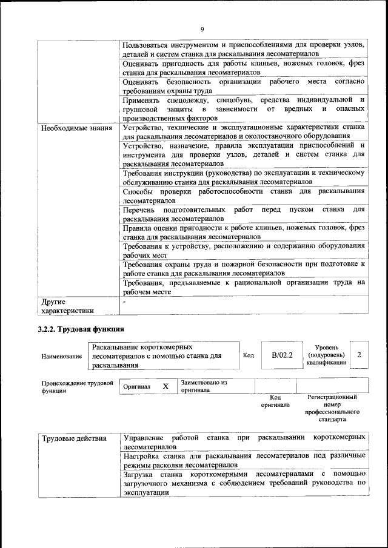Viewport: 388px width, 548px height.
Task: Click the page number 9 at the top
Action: pos(202,29)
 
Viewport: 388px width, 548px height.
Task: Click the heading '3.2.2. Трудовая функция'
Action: pos(81,329)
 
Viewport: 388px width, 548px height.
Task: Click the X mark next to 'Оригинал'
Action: pos(165,386)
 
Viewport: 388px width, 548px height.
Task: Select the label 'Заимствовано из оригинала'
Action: pos(203,386)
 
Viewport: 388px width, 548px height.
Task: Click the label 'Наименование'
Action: pos(62,357)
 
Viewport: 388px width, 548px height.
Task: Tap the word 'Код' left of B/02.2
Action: pos(248,355)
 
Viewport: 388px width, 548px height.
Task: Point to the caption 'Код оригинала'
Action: pos(275,401)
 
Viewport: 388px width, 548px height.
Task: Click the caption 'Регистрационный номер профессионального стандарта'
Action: pos(332,408)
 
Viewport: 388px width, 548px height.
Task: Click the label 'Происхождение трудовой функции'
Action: pos(77,387)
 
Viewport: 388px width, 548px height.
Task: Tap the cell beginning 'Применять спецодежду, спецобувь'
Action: pos(243,108)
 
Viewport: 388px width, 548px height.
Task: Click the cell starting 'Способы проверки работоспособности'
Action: pos(243,196)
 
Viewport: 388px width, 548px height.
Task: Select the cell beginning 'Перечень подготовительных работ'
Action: pos(243,214)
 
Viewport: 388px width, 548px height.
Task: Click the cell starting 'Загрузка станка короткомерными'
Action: pos(243,483)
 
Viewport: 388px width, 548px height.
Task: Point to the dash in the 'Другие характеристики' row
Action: pos(124,301)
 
